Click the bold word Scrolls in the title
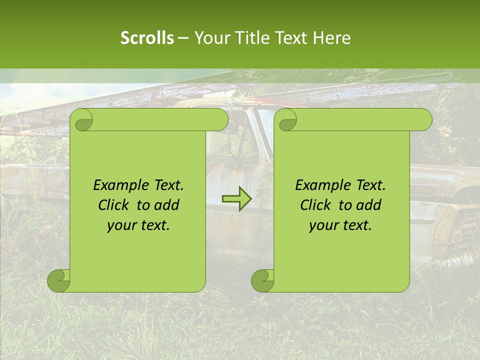[x=147, y=38]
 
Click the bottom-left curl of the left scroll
[x=59, y=280]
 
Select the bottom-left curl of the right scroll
[x=262, y=280]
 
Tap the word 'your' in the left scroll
[x=122, y=225]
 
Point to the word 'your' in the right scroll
[x=324, y=225]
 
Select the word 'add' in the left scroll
[x=167, y=205]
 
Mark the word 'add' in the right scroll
[x=369, y=205]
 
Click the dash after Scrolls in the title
[x=183, y=38]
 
